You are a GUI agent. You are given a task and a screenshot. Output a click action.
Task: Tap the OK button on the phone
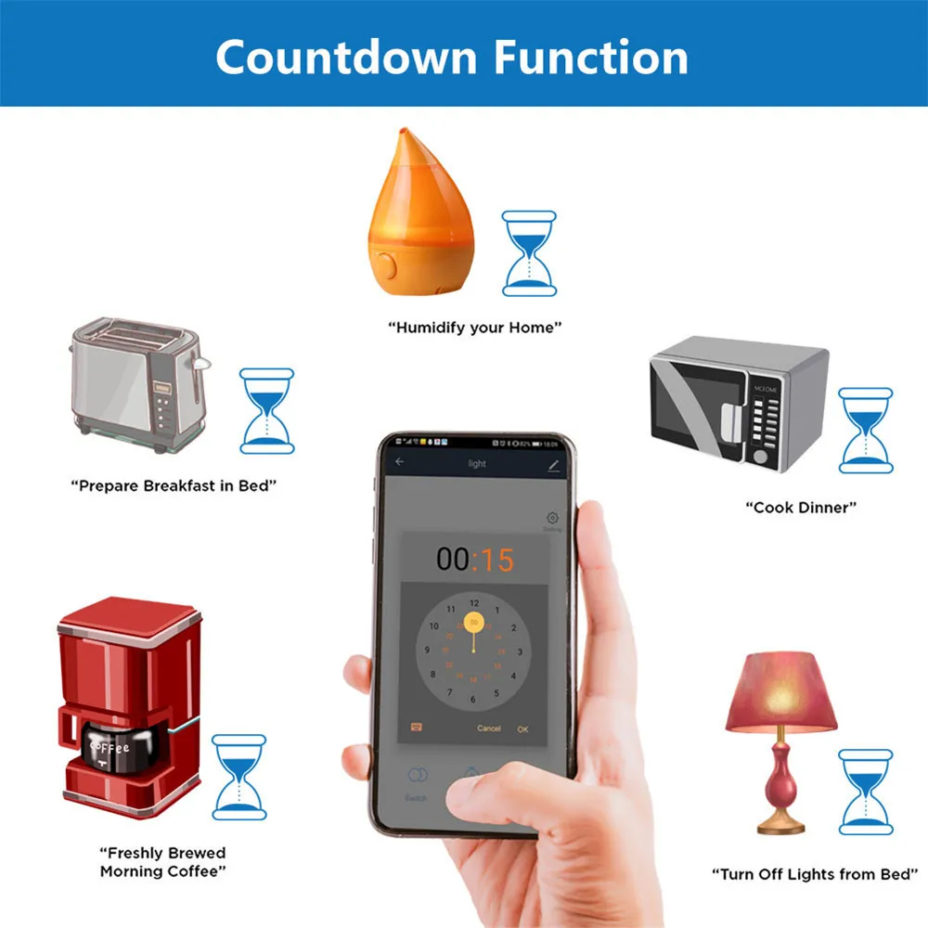click(523, 728)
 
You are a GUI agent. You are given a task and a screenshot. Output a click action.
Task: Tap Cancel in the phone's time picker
click(488, 728)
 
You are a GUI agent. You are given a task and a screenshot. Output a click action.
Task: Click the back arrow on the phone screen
click(400, 462)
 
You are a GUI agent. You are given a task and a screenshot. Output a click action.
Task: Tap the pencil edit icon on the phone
click(554, 463)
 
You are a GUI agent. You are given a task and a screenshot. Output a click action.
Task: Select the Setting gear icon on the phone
click(552, 518)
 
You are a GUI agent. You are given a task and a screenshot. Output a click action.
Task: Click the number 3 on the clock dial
click(519, 652)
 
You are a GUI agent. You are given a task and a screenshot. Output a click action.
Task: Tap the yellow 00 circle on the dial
click(474, 623)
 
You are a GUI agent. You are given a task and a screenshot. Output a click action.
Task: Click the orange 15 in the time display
click(495, 560)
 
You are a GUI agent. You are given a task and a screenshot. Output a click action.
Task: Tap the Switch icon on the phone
click(417, 776)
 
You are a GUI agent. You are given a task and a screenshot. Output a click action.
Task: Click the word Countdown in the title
click(346, 57)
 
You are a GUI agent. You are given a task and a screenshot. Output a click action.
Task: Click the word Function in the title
click(590, 57)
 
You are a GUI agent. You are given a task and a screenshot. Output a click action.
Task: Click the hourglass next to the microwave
click(865, 430)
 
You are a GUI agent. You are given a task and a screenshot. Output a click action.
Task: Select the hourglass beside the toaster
click(267, 410)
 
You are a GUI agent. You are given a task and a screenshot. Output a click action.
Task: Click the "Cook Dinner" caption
click(801, 508)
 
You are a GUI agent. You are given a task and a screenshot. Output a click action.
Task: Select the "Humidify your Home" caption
click(474, 328)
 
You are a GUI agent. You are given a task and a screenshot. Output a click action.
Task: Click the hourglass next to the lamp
click(865, 792)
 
